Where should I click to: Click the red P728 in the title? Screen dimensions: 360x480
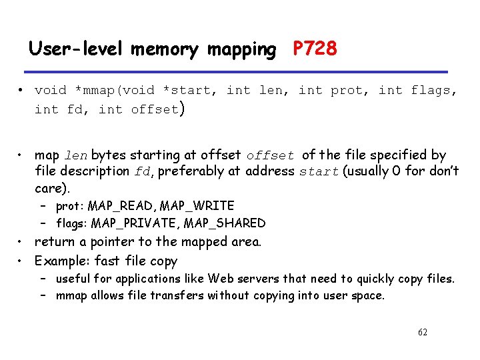(315, 49)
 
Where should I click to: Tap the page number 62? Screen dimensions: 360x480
(421, 332)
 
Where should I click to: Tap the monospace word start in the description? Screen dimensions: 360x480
(319, 171)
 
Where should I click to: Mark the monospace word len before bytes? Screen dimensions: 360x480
(75, 155)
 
